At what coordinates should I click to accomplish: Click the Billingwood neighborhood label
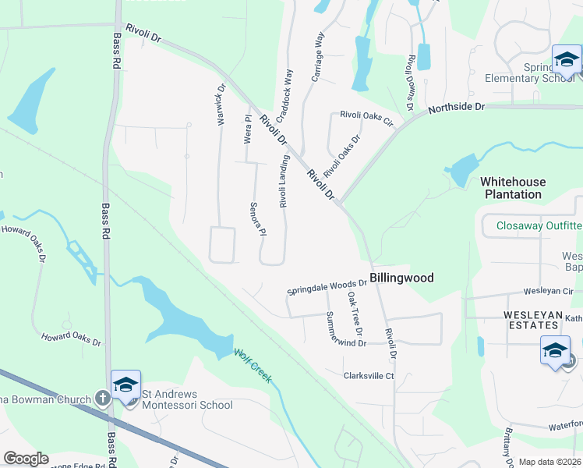coord(401,278)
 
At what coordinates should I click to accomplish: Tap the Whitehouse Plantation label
coord(513,188)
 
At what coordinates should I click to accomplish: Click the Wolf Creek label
coord(253,365)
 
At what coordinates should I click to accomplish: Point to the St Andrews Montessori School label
coord(186,399)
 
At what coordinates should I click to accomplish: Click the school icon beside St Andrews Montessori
coord(125,385)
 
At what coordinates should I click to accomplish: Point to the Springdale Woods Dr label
coord(327,286)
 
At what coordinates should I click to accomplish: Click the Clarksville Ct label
coord(369,375)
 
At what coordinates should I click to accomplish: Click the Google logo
coord(26,459)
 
